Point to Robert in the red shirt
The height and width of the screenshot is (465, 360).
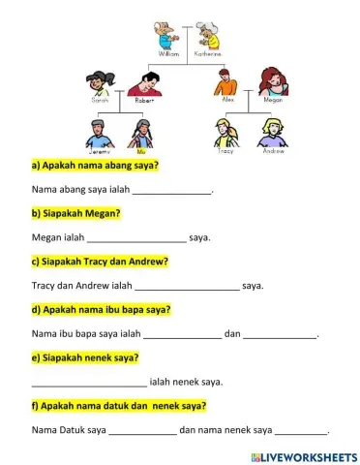(x=145, y=81)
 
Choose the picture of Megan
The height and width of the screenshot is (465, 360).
(x=273, y=81)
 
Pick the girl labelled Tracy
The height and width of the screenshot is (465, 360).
(x=225, y=132)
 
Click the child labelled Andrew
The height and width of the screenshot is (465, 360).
(x=273, y=132)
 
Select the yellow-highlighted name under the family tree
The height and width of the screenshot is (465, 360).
(x=141, y=152)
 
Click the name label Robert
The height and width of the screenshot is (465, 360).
(x=145, y=100)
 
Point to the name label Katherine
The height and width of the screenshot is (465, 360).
(x=208, y=55)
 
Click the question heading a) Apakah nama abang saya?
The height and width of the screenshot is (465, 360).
(x=96, y=166)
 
